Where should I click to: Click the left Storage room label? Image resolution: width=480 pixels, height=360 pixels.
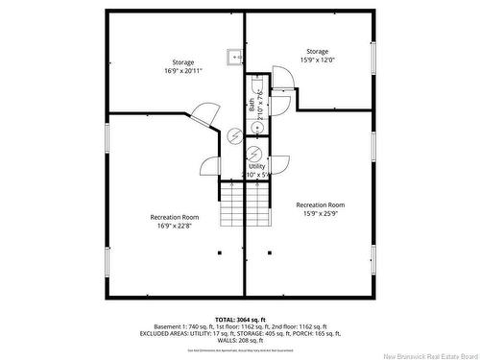pos(182,62)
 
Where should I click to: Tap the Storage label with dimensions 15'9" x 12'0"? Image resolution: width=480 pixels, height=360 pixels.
pos(317,51)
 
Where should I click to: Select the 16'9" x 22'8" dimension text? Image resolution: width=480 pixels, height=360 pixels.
pos(175,227)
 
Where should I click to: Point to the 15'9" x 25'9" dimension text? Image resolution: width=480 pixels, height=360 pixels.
pos(321,215)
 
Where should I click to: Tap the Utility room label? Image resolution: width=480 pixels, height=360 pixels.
pos(256,166)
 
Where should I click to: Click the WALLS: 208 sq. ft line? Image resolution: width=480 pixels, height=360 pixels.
pos(240,342)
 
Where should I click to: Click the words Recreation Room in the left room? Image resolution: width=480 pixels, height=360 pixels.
pos(175,216)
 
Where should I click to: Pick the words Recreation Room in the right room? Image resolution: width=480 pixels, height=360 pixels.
pos(321,204)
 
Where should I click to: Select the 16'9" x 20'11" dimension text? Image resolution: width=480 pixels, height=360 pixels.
pos(182,71)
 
